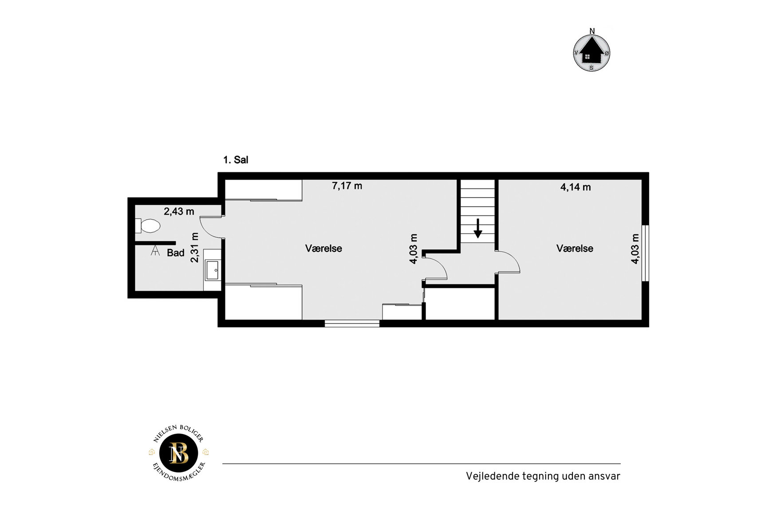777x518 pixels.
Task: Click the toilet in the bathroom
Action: [148, 226]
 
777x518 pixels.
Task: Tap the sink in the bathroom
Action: [213, 270]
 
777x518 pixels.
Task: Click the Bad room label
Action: [176, 253]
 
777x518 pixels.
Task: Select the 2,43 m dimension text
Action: [179, 212]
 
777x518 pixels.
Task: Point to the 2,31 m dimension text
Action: [194, 247]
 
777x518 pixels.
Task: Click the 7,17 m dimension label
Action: [347, 186]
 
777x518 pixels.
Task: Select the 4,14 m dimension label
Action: [576, 187]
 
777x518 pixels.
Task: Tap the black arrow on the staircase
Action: [478, 228]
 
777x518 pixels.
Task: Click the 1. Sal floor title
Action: [236, 160]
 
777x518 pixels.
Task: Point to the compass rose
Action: [592, 51]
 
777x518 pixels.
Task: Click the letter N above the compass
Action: [592, 31]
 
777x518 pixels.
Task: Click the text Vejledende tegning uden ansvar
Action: [543, 476]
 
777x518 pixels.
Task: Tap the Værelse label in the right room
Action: [575, 249]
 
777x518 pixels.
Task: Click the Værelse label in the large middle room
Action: [323, 249]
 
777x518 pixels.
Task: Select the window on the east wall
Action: [646, 253]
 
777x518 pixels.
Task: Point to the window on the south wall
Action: [352, 324]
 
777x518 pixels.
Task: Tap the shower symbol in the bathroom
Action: [155, 251]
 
